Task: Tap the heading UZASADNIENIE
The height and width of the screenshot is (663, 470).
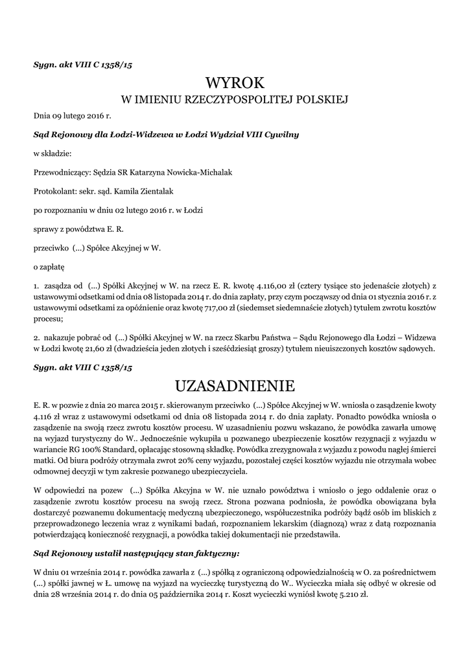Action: pos(235,387)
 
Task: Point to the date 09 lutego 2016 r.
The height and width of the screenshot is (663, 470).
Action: pos(73,117)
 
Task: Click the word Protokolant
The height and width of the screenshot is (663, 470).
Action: pos(53,192)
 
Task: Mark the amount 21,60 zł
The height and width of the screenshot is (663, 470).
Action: pos(99,349)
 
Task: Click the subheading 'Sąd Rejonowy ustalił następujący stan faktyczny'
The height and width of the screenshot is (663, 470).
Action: pos(136,554)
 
